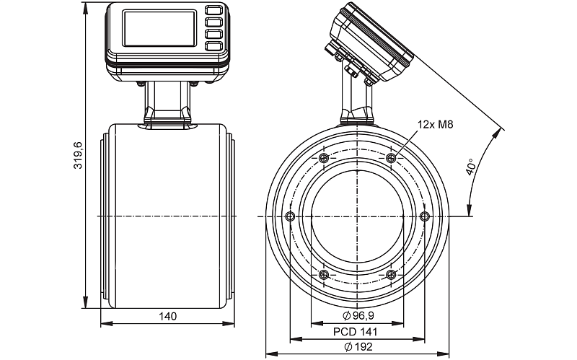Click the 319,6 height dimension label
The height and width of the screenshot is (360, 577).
[x=79, y=155]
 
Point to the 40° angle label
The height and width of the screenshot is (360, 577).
[x=470, y=167]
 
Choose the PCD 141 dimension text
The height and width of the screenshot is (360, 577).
[x=356, y=332]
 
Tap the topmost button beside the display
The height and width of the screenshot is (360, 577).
[x=213, y=11]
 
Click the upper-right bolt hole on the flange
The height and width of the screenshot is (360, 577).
[x=391, y=158]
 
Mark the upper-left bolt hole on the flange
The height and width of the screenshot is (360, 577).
[x=323, y=158]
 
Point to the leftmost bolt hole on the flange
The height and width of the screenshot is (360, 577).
[x=290, y=216]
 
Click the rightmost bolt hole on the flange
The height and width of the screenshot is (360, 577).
[x=424, y=216]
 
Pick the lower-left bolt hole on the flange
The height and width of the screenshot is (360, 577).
[x=323, y=274]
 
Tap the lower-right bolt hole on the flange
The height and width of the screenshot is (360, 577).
[x=391, y=274]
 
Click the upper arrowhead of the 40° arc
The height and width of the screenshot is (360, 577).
[x=500, y=131]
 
